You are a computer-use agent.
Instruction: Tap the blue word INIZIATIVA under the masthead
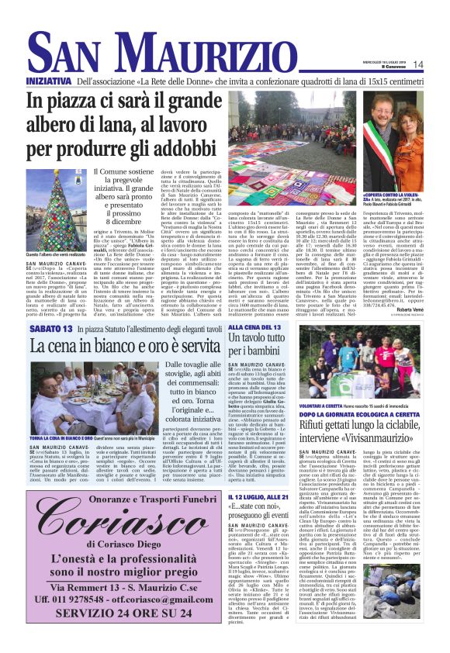click(x=48, y=81)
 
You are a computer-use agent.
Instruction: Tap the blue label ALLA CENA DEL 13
click(x=276, y=328)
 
